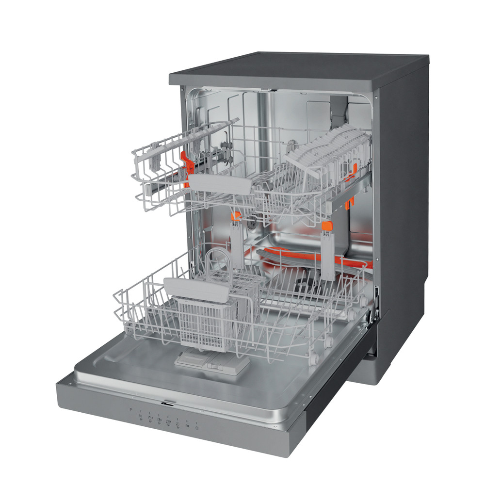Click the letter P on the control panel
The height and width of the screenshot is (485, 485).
click(131, 410)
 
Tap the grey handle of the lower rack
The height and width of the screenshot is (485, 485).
click(196, 288)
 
